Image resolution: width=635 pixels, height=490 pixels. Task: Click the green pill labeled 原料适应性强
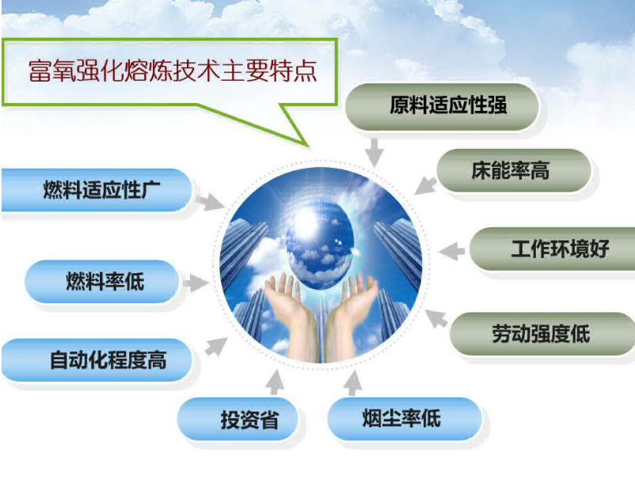tap(443, 107)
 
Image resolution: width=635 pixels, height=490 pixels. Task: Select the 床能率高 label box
tap(513, 170)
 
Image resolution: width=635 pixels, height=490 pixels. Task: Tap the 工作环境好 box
tap(553, 249)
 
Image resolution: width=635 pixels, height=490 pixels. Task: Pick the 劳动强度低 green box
tap(542, 334)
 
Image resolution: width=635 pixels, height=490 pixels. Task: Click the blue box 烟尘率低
tap(405, 419)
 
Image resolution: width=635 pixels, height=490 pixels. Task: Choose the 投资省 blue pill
tap(238, 419)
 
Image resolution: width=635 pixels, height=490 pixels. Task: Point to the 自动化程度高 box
tap(97, 360)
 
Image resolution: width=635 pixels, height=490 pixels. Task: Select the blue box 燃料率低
tap(101, 282)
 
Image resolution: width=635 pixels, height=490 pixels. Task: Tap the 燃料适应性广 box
tap(97, 190)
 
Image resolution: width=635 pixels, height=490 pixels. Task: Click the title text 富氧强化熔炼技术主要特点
tap(173, 70)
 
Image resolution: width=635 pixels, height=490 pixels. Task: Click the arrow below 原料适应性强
tap(375, 152)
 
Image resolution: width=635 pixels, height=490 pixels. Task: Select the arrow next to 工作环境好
tap(451, 251)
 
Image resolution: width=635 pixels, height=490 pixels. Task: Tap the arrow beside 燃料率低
tap(196, 283)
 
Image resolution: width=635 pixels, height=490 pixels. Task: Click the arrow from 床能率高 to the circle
tap(426, 185)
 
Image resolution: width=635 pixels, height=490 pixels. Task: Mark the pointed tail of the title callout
tap(307, 145)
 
